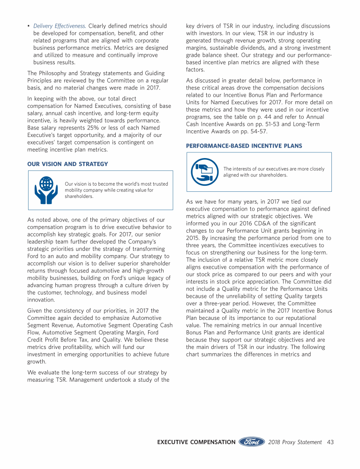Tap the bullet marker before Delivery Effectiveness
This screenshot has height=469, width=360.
(x=29, y=26)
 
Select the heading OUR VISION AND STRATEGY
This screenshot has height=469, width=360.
(x=67, y=164)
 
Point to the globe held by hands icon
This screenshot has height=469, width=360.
(x=46, y=190)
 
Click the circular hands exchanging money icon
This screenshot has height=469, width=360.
(x=204, y=172)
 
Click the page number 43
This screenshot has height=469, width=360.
(x=330, y=442)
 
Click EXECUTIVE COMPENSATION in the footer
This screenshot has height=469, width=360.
(x=196, y=442)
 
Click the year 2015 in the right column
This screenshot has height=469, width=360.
(x=194, y=238)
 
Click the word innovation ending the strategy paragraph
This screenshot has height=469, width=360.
(x=41, y=300)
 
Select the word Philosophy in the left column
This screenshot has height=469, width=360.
(x=56, y=73)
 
